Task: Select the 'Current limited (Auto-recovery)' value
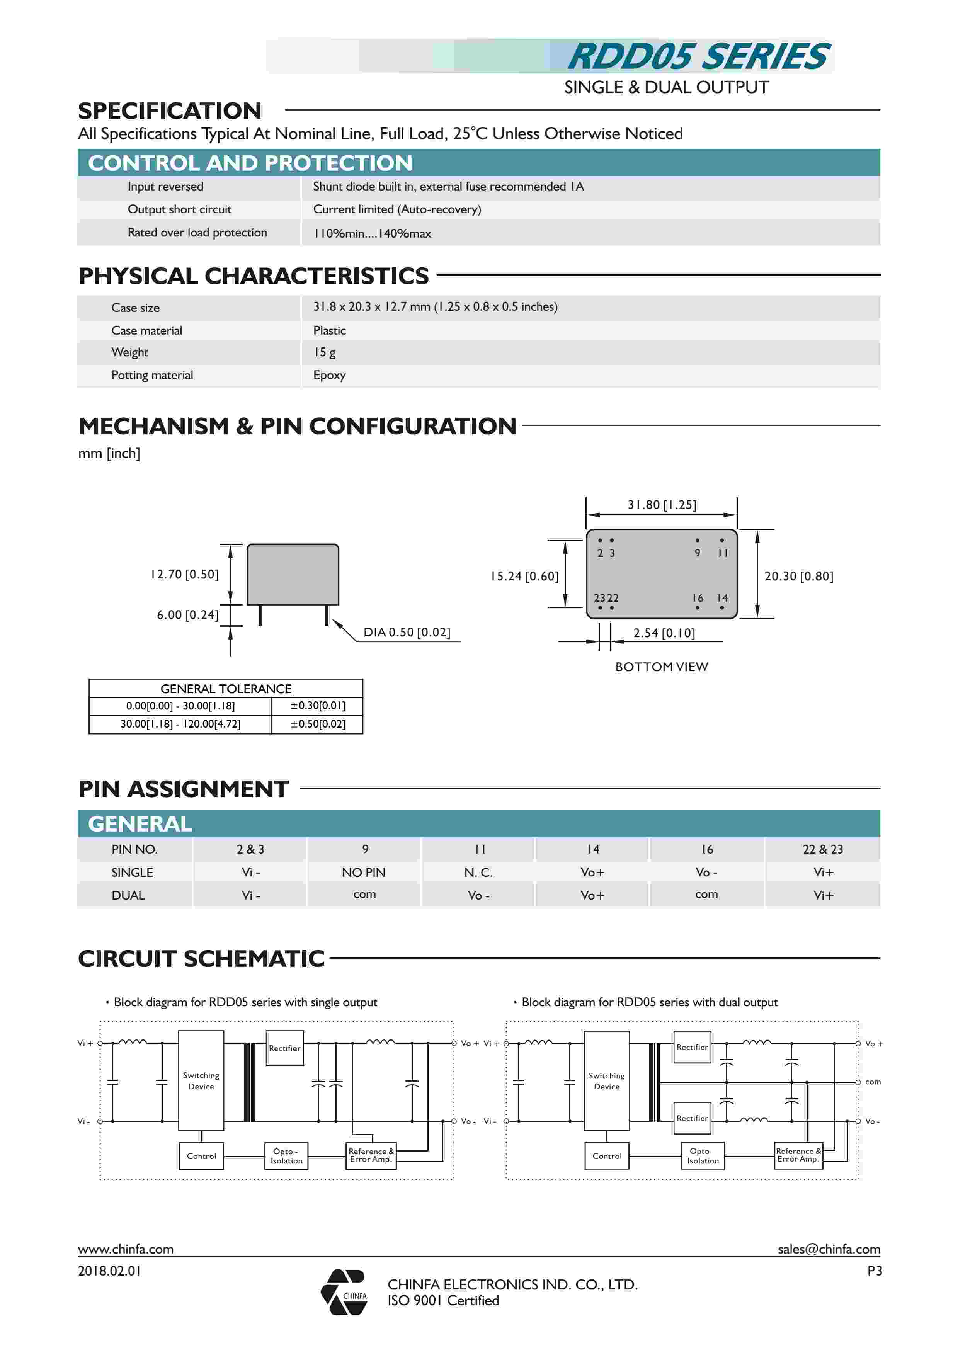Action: [396, 209]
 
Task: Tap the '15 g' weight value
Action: [325, 352]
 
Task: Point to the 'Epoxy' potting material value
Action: [329, 375]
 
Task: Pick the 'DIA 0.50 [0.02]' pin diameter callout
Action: [407, 632]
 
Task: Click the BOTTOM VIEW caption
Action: [661, 667]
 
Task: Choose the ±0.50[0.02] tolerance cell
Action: [317, 724]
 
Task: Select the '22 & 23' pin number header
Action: [822, 849]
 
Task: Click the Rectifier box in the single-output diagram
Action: [285, 1048]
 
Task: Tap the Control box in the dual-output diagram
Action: [607, 1156]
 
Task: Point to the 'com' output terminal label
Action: [873, 1082]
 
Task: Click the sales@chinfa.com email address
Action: [828, 1249]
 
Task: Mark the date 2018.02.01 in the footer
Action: [110, 1271]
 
